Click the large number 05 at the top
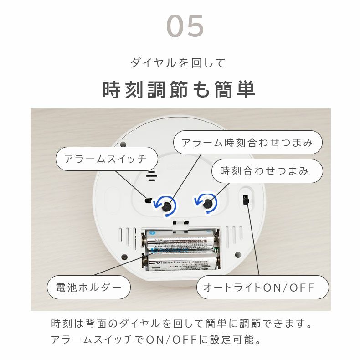[x=185, y=26]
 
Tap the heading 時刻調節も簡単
[x=179, y=90]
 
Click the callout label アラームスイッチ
[x=107, y=159]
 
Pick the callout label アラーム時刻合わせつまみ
[x=248, y=143]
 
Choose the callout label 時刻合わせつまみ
[x=267, y=171]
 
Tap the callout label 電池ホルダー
[x=89, y=288]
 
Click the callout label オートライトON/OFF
[x=262, y=288]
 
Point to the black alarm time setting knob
[x=167, y=204]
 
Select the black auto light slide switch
[x=247, y=199]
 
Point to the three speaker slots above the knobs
[x=152, y=175]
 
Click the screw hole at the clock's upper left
[x=123, y=145]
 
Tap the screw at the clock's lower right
[x=237, y=255]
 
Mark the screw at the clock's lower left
[x=123, y=257]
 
